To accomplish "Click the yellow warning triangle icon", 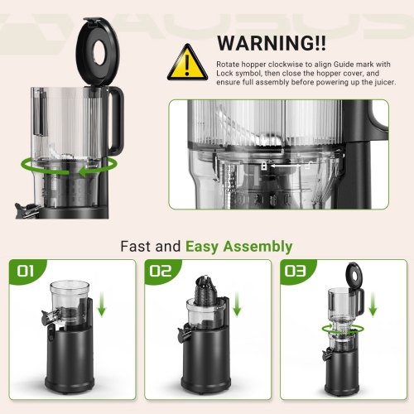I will (x=188, y=62).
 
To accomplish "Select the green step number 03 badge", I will (x=295, y=271).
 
